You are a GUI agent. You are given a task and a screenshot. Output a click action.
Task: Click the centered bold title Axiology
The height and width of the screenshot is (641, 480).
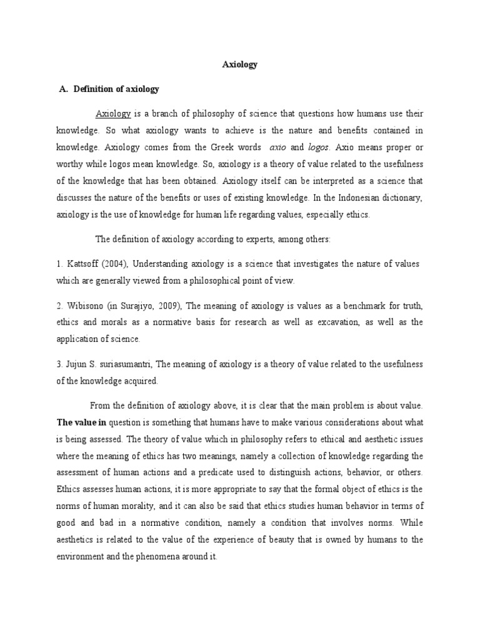pyautogui.click(x=241, y=64)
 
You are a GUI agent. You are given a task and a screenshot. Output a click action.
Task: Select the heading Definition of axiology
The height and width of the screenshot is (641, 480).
pyautogui.click(x=116, y=90)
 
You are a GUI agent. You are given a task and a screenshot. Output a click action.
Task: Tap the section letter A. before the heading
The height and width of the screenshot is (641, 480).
pyautogui.click(x=63, y=90)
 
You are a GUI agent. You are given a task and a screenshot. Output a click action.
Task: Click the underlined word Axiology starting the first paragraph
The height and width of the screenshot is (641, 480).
pyautogui.click(x=113, y=114)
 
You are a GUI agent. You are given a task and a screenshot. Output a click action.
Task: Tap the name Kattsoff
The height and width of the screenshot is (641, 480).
pyautogui.click(x=84, y=264)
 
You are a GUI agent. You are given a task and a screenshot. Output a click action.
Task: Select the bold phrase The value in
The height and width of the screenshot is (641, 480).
pyautogui.click(x=81, y=422)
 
